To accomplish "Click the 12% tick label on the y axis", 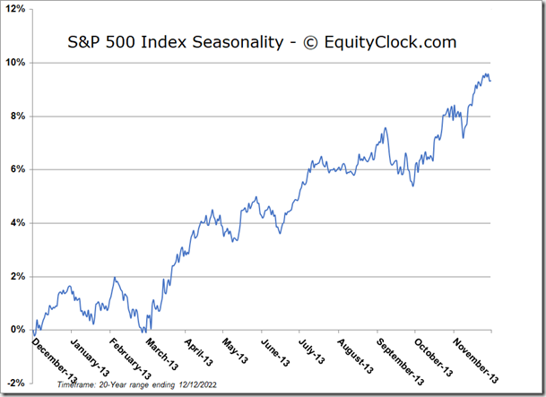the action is point(15,9).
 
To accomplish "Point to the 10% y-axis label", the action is point(15,63).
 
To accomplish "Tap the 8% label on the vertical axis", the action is point(18,117).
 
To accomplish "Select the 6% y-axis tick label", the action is point(18,169).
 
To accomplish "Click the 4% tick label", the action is point(18,223).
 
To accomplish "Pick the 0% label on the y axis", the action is point(18,330).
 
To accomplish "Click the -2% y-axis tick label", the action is point(16,383).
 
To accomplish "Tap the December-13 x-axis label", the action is point(55,361).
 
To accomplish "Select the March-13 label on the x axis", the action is point(161,354).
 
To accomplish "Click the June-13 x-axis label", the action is point(275,352).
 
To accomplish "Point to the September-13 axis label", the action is point(400,362).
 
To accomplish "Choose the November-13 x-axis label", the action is point(475,360).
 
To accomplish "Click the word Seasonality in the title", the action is point(238,42).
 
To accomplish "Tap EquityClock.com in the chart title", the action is point(390,42).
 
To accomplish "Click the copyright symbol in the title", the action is point(310,43).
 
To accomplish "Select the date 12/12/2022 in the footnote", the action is point(197,384).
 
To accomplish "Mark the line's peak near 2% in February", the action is point(115,277).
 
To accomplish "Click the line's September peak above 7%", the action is point(386,127).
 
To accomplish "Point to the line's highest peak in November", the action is point(485,73).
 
